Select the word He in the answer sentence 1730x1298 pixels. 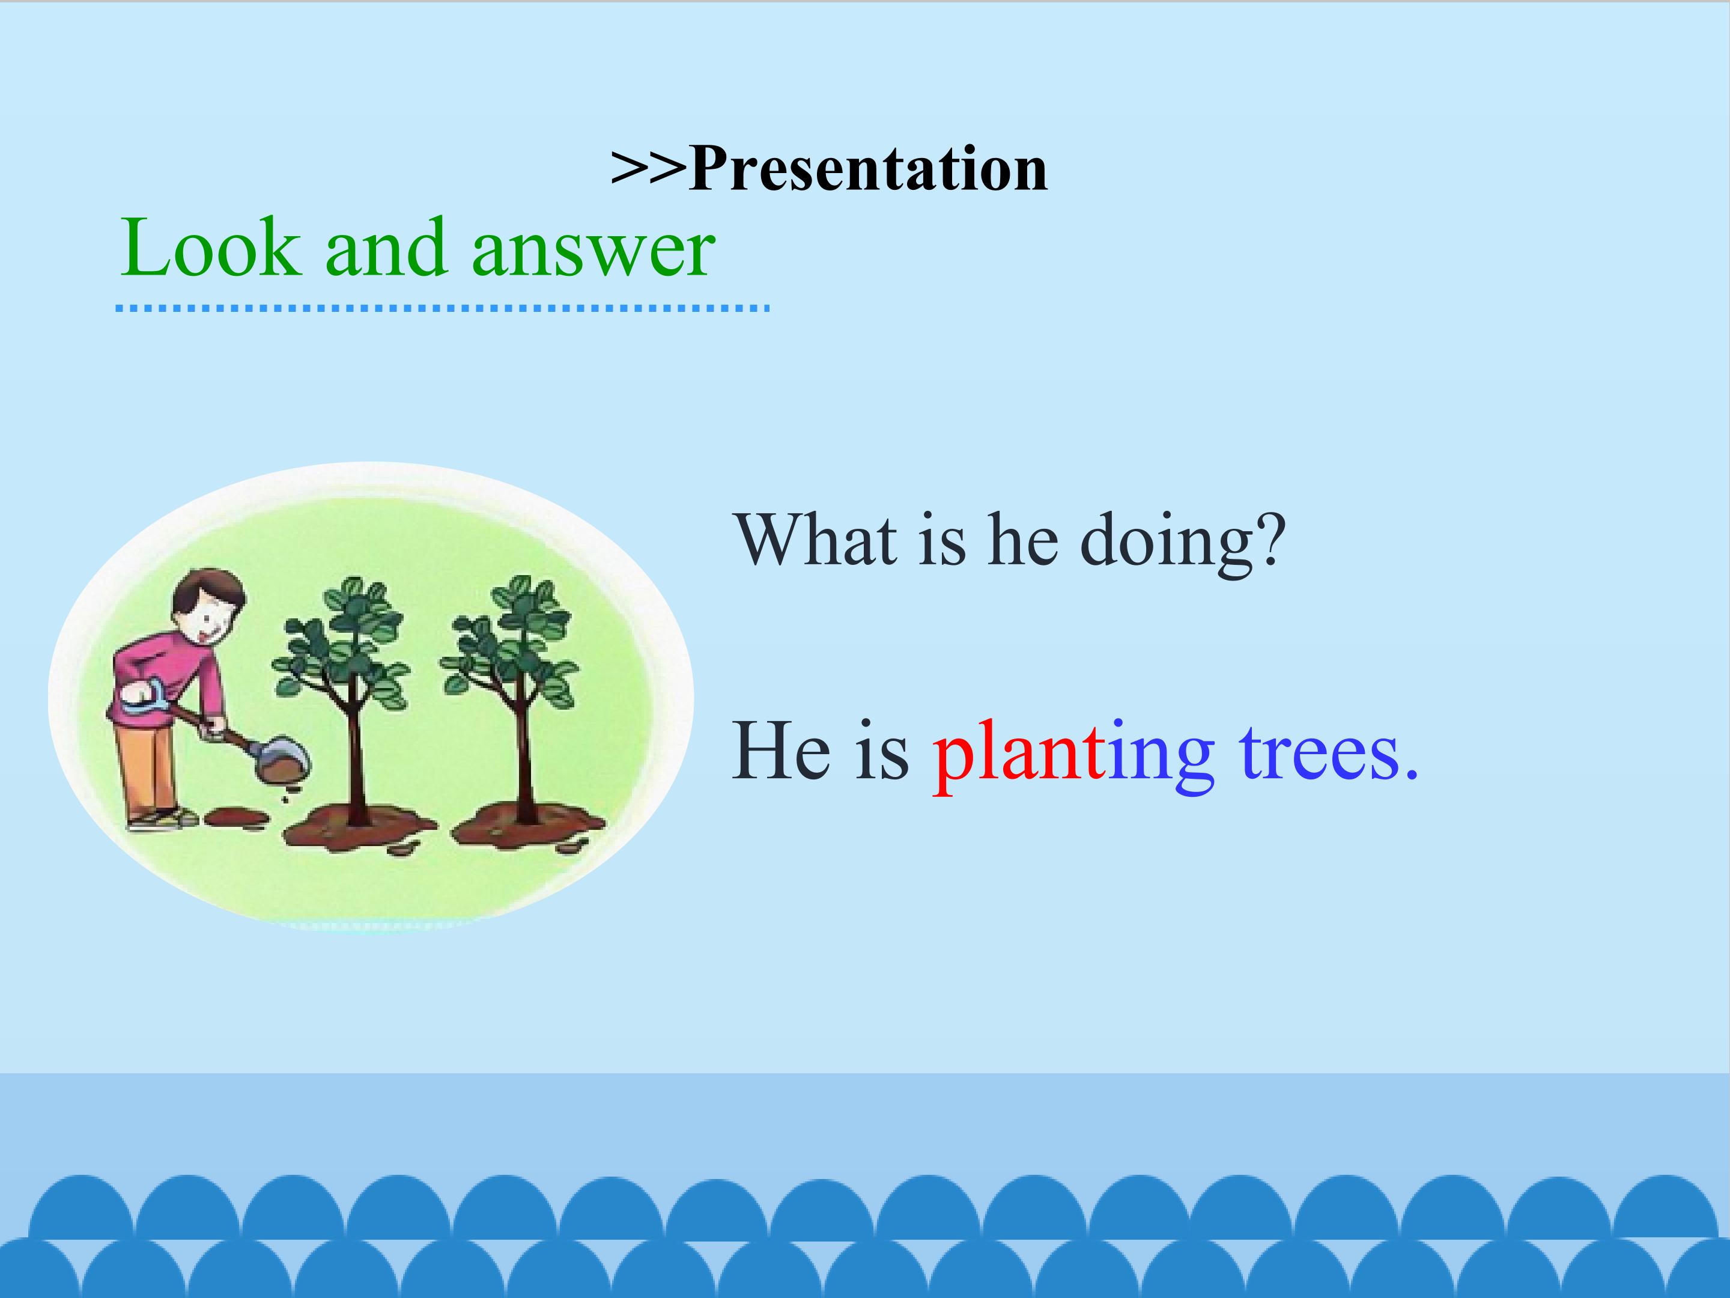[780, 751]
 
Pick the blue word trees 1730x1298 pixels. [1329, 753]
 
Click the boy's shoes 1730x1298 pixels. [164, 818]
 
